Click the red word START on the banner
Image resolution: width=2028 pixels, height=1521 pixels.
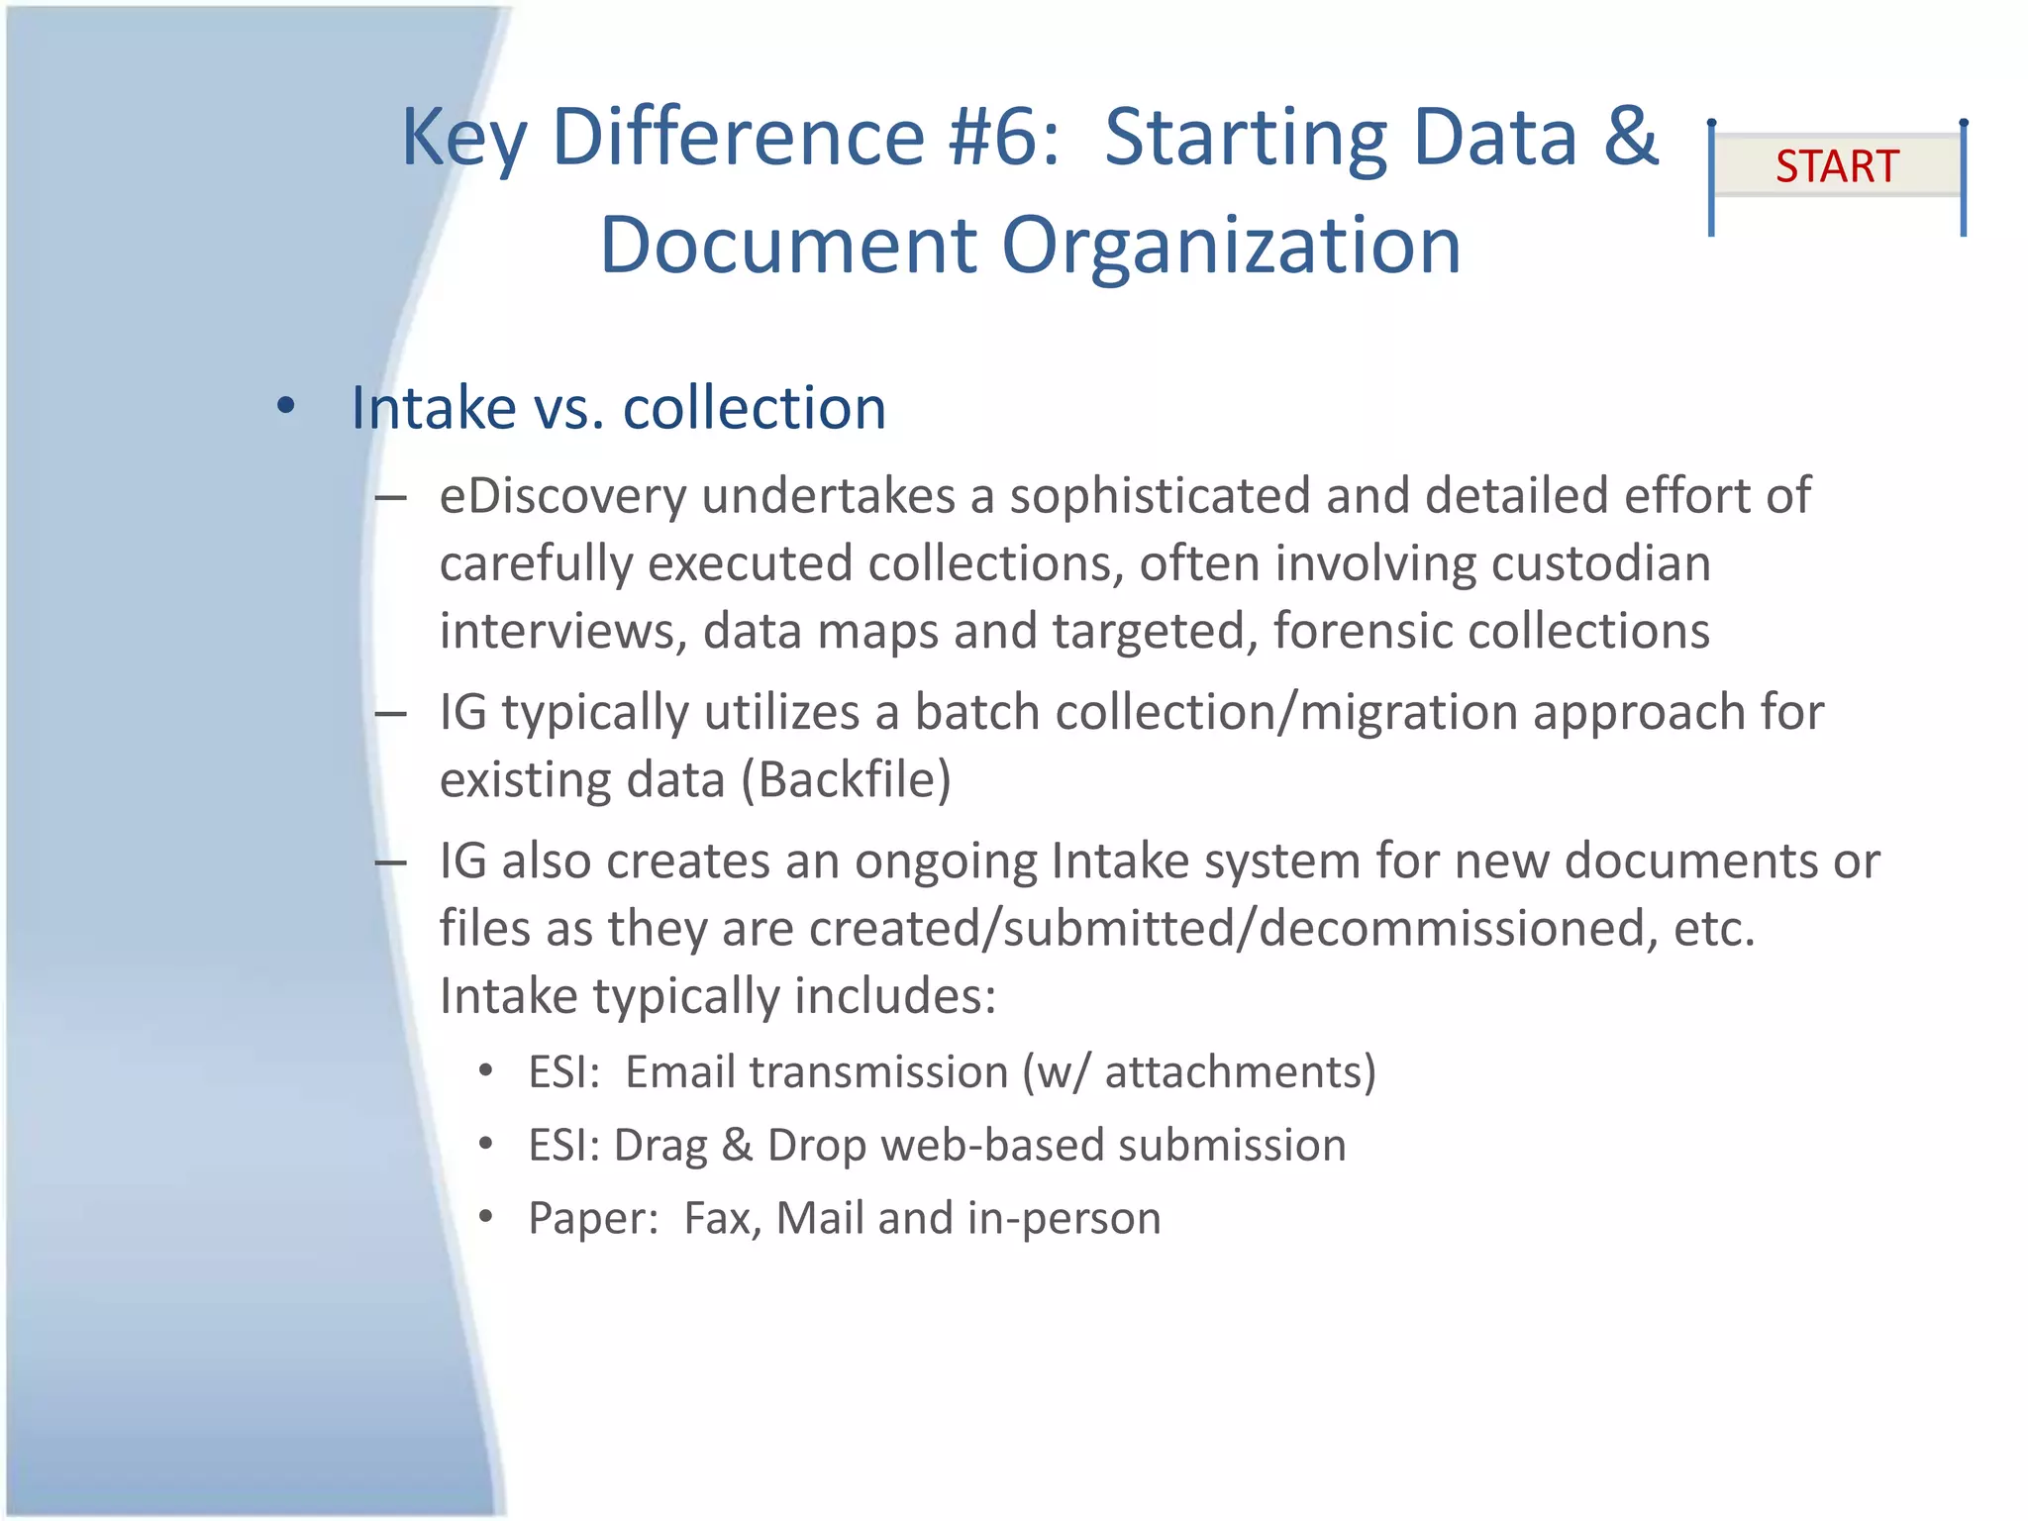pyautogui.click(x=1837, y=166)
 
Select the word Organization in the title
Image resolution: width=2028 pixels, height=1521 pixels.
pyautogui.click(x=1231, y=246)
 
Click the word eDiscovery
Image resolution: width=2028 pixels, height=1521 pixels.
pyautogui.click(x=562, y=495)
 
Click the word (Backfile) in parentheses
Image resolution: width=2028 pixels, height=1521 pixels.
pyautogui.click(x=846, y=779)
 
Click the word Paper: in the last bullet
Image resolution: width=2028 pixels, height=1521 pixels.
pyautogui.click(x=593, y=1218)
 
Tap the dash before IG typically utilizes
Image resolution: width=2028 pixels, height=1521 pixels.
pyautogui.click(x=391, y=714)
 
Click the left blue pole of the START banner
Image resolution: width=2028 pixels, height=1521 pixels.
pyautogui.click(x=1711, y=178)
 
